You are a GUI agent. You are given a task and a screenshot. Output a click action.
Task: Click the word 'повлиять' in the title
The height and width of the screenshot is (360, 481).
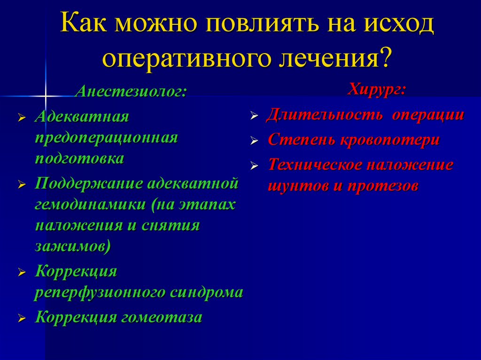tap(237, 26)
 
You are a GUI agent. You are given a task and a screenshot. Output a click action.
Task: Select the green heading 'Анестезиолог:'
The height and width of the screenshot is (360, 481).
tap(130, 91)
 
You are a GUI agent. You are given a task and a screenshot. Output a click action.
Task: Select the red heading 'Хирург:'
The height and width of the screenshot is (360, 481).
tap(377, 89)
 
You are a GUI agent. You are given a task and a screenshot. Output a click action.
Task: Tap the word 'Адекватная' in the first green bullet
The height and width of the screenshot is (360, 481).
tap(82, 116)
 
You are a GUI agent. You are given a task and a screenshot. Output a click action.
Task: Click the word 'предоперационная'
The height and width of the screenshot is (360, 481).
tap(106, 138)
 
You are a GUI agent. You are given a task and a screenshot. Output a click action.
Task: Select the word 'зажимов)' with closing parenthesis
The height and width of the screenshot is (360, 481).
tap(73, 246)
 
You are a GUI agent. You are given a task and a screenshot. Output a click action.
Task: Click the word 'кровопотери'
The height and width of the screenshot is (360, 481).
tap(394, 140)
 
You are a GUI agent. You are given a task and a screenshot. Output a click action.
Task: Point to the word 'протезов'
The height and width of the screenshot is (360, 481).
tap(383, 186)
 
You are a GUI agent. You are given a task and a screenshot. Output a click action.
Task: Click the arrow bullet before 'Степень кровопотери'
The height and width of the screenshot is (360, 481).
tap(254, 140)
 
